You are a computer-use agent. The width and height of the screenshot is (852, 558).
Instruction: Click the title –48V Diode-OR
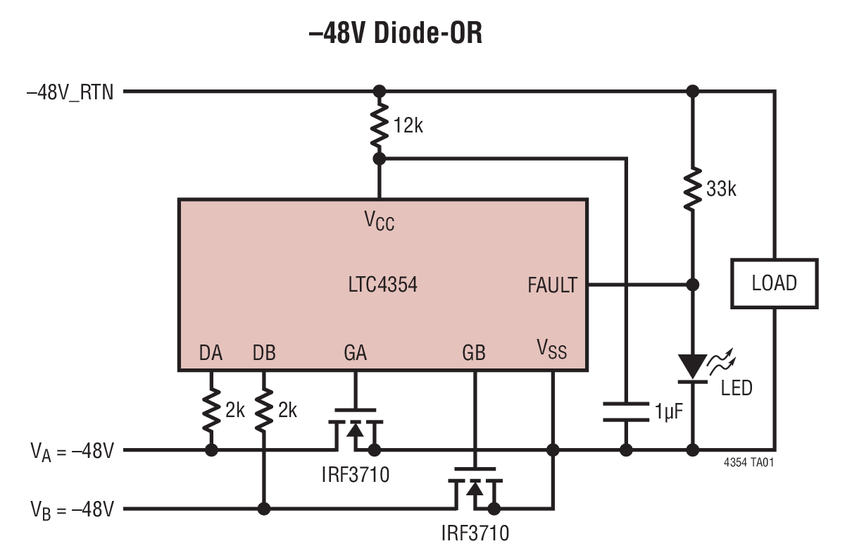coord(395,32)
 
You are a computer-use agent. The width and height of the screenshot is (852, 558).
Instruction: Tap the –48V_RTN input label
coord(69,92)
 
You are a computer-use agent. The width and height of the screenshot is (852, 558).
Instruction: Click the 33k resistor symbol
coord(693,187)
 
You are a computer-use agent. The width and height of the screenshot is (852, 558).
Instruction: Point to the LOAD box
coord(774,283)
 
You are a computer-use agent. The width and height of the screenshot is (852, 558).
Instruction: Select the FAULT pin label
coord(552,285)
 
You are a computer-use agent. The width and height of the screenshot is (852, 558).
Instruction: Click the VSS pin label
coord(551,349)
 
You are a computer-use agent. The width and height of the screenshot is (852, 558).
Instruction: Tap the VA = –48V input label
coord(71,451)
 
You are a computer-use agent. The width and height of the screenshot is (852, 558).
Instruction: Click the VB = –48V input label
coord(71,509)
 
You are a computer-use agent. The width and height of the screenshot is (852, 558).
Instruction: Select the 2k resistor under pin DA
coord(211,411)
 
